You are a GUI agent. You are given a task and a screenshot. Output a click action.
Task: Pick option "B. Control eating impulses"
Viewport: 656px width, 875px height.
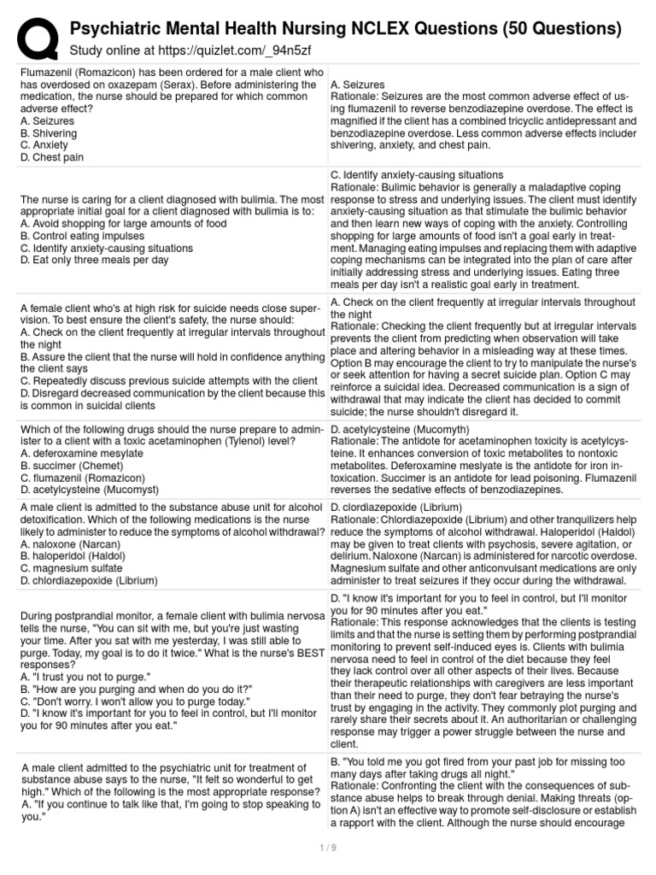click(85, 236)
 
